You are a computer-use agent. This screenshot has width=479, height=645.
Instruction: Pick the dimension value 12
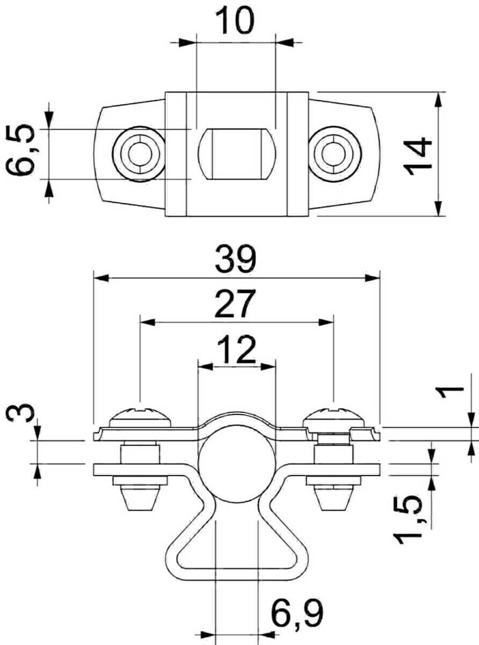coord(237,350)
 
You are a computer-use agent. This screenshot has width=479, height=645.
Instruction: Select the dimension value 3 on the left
coord(21,415)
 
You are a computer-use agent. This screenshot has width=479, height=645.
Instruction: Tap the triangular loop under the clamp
coord(236,554)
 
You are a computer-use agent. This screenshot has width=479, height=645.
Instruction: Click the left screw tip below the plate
coord(139,498)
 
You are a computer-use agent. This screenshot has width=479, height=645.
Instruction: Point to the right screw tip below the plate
coord(333,498)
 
